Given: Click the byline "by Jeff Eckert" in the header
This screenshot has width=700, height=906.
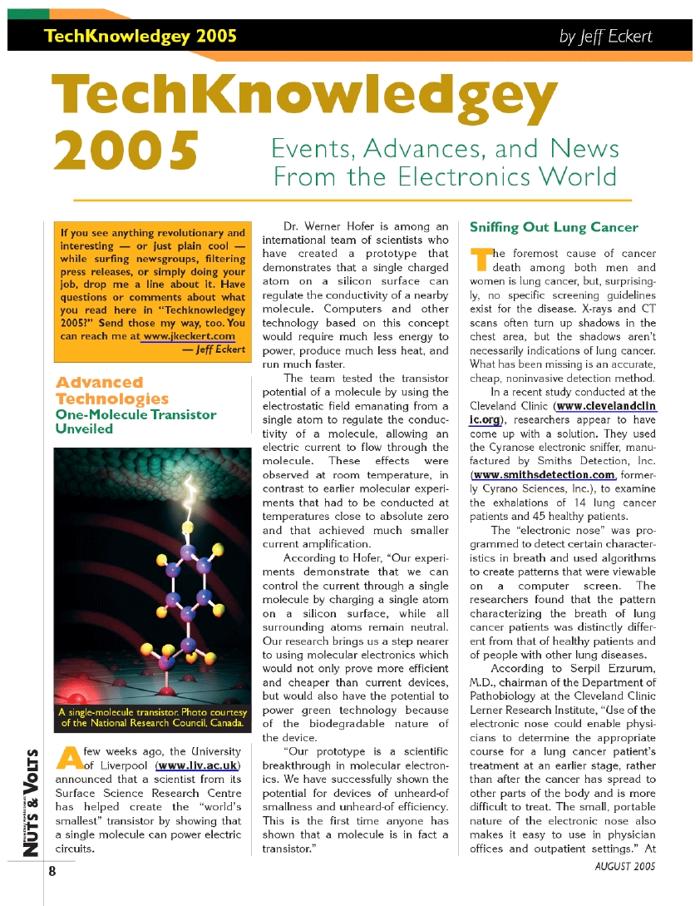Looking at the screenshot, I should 605,37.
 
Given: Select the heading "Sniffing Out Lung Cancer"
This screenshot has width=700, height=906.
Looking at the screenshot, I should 554,227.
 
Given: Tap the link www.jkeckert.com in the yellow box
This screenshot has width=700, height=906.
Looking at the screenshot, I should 190,336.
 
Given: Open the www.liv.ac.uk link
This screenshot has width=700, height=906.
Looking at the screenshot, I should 199,765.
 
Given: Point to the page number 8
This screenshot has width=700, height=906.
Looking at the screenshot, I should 52,872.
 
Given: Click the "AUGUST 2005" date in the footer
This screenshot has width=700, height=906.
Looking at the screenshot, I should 624,866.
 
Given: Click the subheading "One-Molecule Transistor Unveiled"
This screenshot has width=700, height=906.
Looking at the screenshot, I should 135,421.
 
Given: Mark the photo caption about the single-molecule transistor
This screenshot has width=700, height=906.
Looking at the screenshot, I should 153,717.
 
